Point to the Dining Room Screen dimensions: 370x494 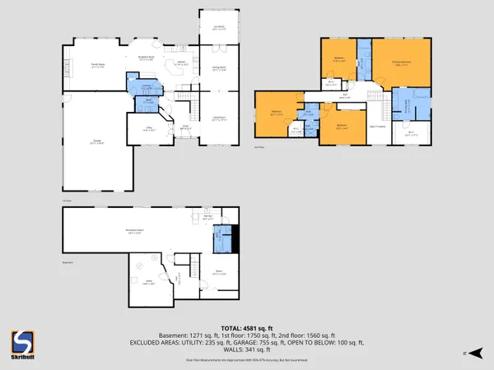218,70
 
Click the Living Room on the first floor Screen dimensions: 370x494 218,119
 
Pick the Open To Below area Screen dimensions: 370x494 378,126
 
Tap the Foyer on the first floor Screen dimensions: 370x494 185,127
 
